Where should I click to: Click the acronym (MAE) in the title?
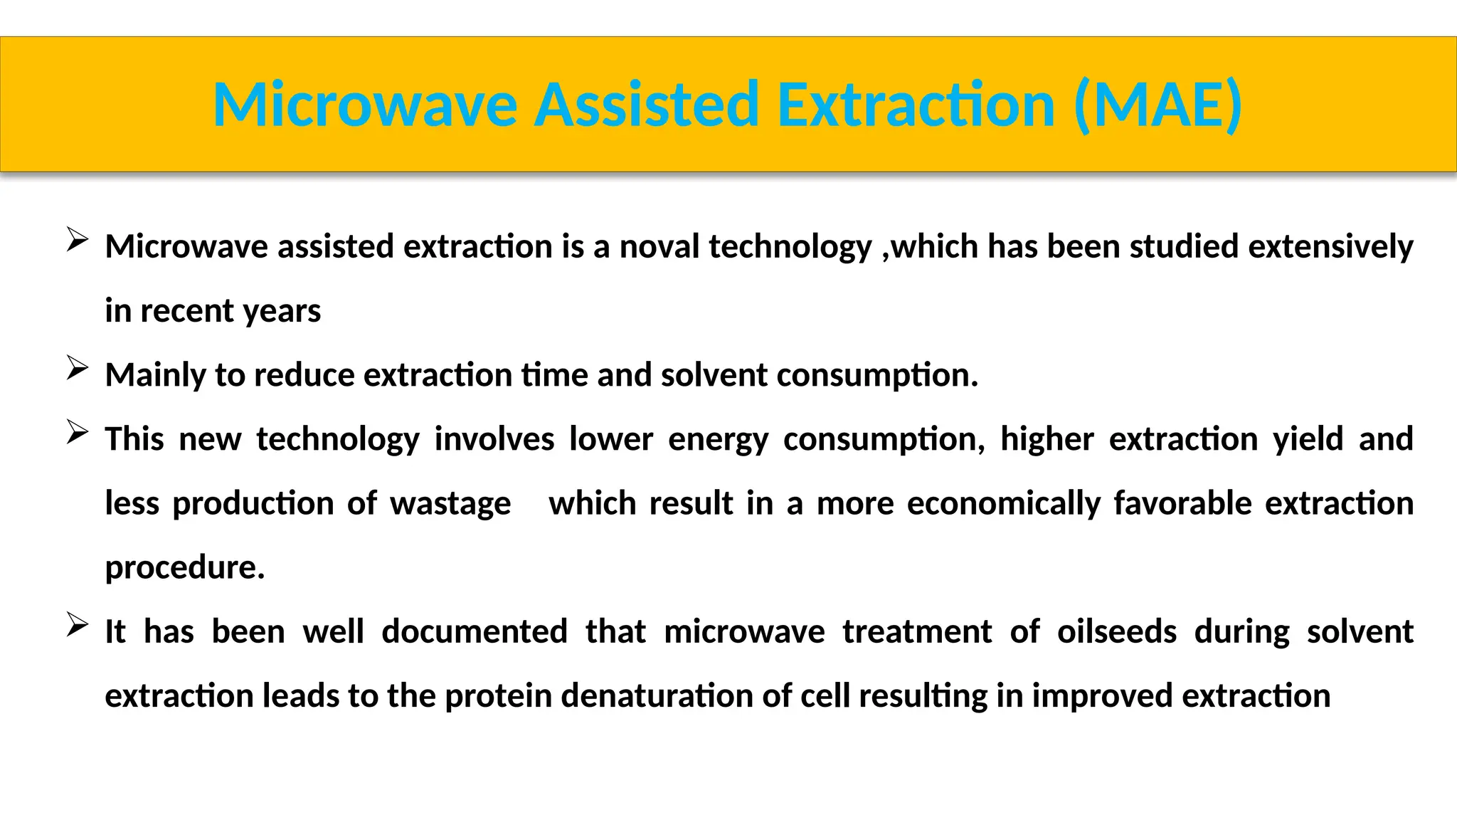(x=1158, y=105)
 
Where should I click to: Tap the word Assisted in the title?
(x=646, y=105)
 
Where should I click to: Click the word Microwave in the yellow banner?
(x=365, y=105)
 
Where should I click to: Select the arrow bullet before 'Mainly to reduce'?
(x=77, y=368)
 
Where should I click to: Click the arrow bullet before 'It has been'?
(x=77, y=625)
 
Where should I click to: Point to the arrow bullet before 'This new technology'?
(x=77, y=432)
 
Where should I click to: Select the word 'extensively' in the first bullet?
(x=1330, y=247)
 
